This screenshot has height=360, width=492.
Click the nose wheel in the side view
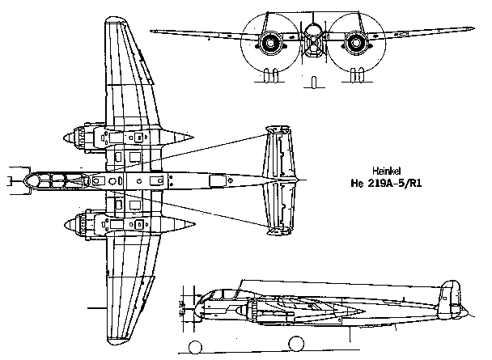click(196, 347)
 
